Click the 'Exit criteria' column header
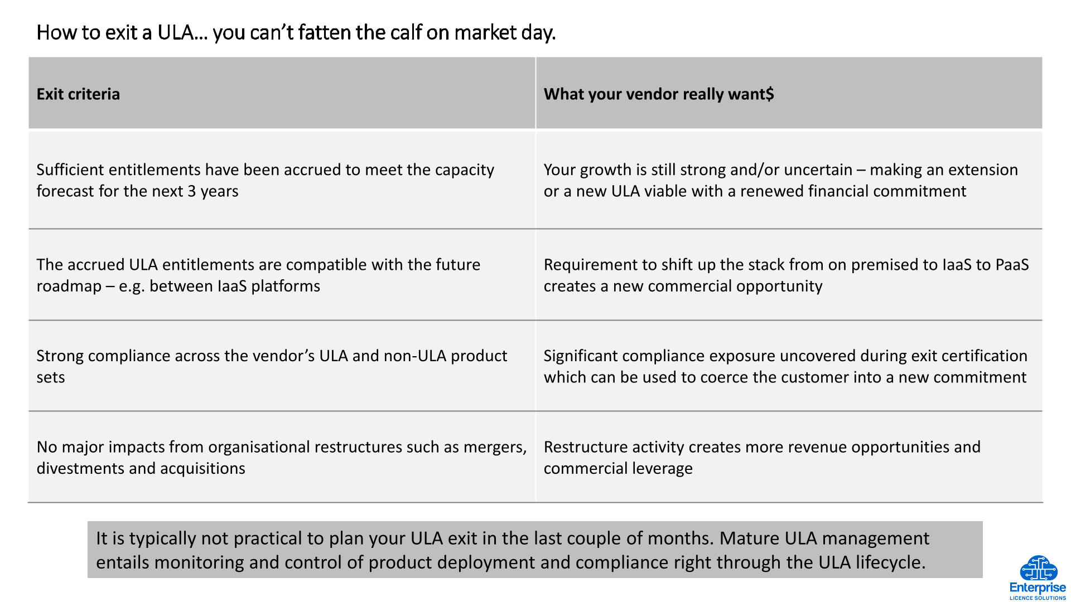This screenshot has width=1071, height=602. click(78, 94)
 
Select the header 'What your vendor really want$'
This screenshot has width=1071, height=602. click(659, 94)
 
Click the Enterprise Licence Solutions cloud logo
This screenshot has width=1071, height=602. click(1038, 577)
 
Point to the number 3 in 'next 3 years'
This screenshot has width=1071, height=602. click(191, 191)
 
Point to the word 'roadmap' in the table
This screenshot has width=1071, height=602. click(69, 287)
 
